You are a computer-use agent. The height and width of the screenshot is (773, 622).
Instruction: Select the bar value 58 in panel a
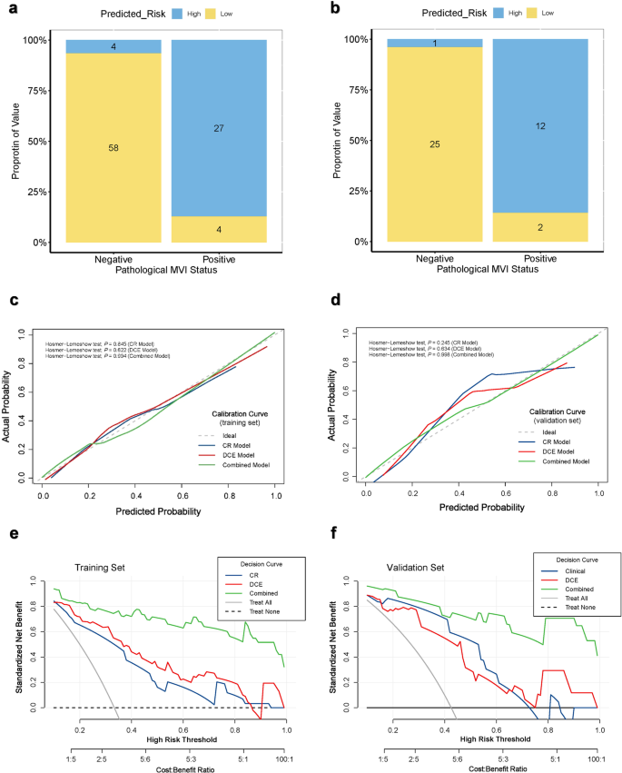click(x=114, y=146)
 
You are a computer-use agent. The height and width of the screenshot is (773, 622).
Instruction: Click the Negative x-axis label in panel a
click(x=114, y=260)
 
